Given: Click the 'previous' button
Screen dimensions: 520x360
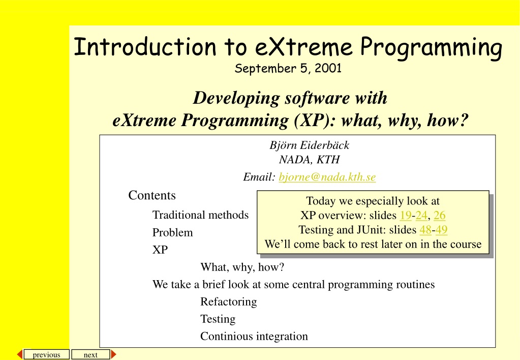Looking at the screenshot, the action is pos(46,354).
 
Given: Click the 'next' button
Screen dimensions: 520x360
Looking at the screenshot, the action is pos(90,354).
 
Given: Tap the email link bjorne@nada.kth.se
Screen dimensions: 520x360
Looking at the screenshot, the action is pos(327,177).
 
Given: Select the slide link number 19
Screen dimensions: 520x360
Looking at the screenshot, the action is pos(405,215).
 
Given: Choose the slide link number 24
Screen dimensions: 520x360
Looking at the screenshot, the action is pos(421,215).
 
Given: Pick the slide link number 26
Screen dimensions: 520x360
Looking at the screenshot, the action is pos(439,215).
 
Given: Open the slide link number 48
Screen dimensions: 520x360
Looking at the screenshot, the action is pos(425,230).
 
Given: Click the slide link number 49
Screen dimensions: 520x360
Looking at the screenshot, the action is pos(441,230).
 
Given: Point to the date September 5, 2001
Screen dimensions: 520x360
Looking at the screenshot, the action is pos(288,69).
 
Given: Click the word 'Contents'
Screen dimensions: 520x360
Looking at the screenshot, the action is pos(152,195).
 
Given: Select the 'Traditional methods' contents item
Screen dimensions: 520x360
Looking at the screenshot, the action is pos(200,215).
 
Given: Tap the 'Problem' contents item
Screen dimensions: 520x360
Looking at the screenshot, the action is pos(172,232).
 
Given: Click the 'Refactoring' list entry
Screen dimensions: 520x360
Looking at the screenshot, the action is pos(229,302).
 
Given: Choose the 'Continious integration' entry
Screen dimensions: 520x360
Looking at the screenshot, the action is pos(254,336).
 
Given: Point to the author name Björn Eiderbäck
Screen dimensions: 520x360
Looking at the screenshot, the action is pos(309,145).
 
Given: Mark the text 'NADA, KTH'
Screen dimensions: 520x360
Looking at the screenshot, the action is pos(309,160).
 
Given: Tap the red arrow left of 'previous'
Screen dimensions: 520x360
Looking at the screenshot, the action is pos(20,354).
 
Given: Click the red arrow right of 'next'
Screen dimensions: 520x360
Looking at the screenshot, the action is pos(113,354).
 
